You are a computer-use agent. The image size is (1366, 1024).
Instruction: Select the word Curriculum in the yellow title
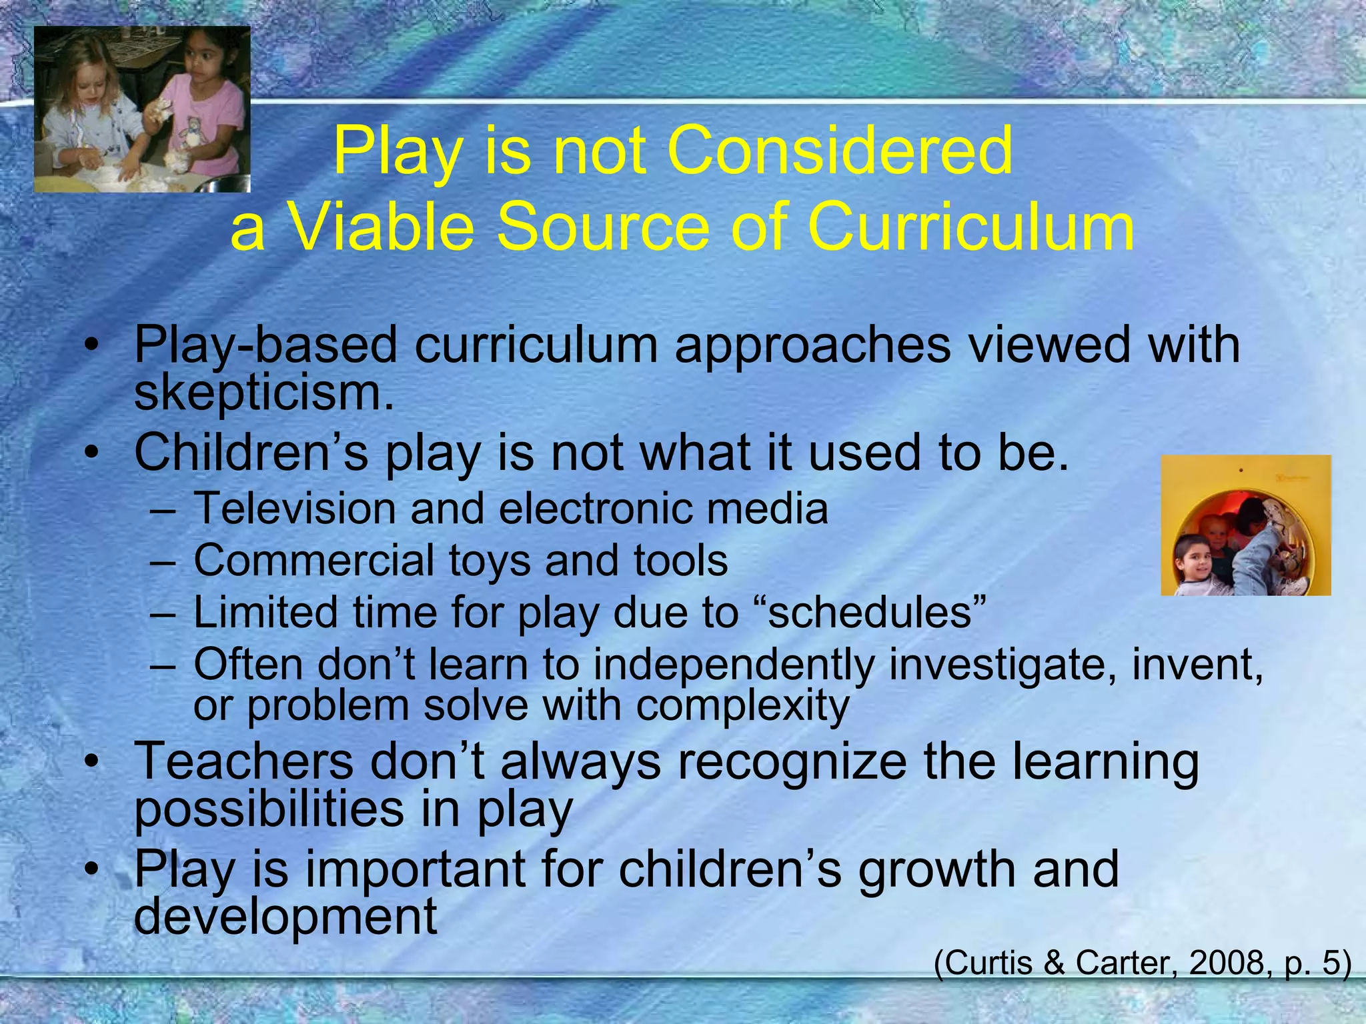[x=970, y=227]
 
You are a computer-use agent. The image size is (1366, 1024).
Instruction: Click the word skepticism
[x=264, y=393]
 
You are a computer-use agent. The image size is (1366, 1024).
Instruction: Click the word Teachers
[x=244, y=762]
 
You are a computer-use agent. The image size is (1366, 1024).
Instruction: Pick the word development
[x=285, y=916]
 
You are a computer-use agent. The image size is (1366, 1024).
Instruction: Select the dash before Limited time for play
[x=163, y=613]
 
